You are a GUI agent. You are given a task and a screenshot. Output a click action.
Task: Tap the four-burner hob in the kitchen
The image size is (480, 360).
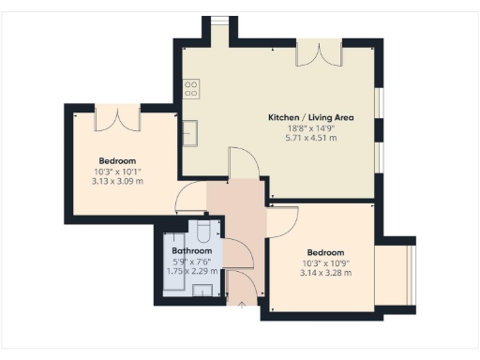pos(190,89)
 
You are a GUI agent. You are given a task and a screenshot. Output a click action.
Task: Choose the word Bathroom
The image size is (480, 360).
pos(191,251)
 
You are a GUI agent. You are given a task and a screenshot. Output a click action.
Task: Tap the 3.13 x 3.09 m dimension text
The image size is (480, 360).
pos(118,181)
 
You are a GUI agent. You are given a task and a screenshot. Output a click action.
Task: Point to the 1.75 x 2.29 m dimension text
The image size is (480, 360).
pos(191,272)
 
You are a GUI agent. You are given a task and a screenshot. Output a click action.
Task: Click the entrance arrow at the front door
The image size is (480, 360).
pos(242,304)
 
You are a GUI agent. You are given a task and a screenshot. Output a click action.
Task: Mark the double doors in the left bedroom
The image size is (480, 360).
pos(118,119)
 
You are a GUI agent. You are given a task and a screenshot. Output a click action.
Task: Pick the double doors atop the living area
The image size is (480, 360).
pos(312,55)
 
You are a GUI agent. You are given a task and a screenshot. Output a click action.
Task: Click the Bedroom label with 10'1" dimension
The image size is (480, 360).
pos(118,159)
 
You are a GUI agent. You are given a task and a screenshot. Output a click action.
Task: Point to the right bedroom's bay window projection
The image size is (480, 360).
pos(394,273)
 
